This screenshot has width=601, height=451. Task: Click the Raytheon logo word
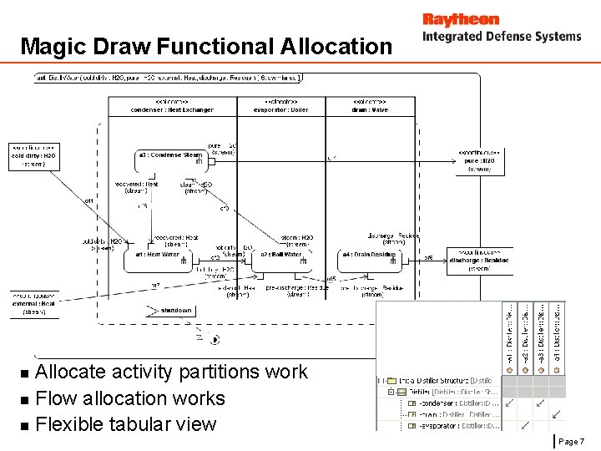click(x=460, y=19)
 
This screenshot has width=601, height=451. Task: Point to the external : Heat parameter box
click(x=33, y=303)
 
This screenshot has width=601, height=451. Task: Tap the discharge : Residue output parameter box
click(x=480, y=260)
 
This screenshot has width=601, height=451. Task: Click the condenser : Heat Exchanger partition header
click(x=173, y=106)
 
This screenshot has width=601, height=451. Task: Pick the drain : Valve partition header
click(x=370, y=106)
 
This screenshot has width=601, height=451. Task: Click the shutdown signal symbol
click(x=171, y=310)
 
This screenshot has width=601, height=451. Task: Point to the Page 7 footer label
click(x=571, y=441)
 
